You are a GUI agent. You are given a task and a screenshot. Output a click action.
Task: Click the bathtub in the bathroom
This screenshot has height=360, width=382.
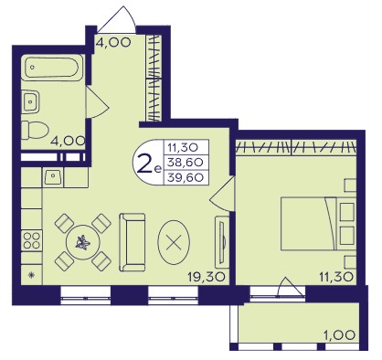tap(52, 68)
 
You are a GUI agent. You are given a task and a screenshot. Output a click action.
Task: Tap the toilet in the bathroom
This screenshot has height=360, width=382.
tap(35, 130)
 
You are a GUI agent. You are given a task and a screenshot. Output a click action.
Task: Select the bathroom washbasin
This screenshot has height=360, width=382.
tap(30, 101)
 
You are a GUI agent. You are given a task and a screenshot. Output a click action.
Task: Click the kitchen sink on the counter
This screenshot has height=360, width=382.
tap(53, 177)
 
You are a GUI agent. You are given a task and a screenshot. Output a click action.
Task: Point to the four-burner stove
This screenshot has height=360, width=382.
tap(32, 240)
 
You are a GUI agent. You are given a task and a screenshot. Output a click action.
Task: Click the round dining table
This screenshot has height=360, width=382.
tap(83, 243)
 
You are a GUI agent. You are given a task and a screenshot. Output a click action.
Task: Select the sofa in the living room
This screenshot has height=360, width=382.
tap(132, 242)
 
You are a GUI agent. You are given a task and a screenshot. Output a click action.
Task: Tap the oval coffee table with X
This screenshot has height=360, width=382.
tap(174, 242)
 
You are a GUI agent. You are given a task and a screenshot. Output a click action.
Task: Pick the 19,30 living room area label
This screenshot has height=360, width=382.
tap(207, 277)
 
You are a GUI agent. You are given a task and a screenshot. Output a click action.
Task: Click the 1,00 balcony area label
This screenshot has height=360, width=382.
tap(338, 335)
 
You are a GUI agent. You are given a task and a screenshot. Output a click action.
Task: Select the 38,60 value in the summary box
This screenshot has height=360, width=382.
tap(186, 163)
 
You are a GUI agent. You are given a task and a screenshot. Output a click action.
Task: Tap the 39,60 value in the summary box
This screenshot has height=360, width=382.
tap(186, 177)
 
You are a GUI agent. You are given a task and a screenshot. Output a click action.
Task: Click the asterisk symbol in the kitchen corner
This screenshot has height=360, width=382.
tap(31, 275)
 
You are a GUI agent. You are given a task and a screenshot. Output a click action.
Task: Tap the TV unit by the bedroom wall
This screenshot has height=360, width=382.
tap(222, 240)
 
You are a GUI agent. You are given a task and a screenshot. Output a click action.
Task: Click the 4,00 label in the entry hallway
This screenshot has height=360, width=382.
tap(113, 42)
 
